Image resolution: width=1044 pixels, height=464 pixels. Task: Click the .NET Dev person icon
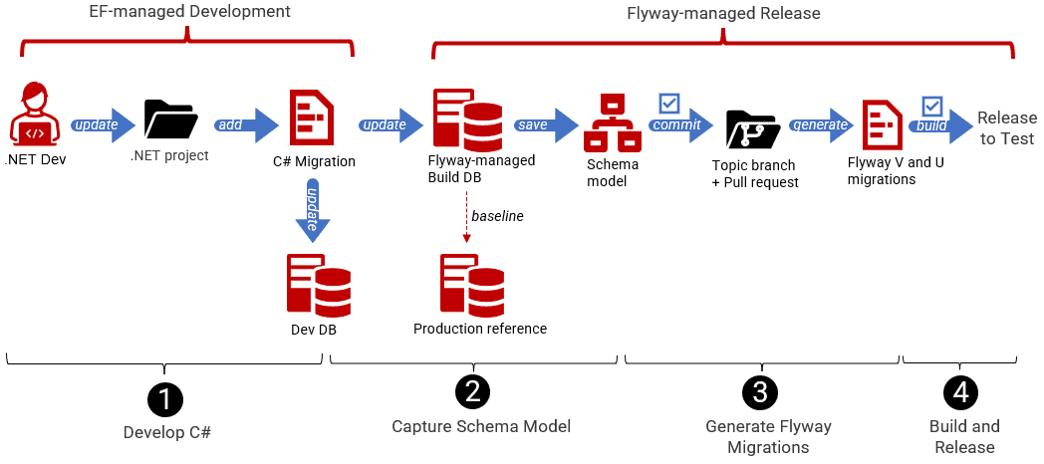pos(35,116)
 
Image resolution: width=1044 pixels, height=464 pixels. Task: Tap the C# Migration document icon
pos(310,117)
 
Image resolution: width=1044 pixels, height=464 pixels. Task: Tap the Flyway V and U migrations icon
pos(882,125)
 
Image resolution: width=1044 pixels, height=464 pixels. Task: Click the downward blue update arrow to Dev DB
pos(311,213)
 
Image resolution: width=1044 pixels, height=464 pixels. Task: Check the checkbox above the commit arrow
pos(669,104)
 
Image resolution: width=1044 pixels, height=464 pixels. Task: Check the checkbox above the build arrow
pos(932,106)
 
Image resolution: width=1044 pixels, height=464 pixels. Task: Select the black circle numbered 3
pos(760,392)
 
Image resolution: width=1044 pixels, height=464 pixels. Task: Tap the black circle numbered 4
pos(961,392)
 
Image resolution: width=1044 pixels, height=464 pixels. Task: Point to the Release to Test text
pos(1006,126)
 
